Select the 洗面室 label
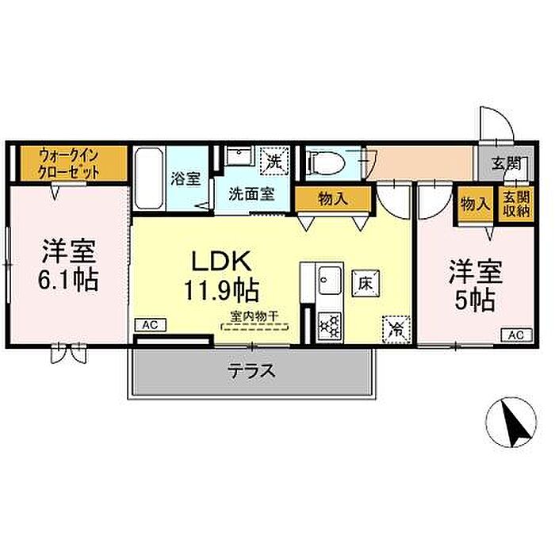tap(252, 193)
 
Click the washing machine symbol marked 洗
tap(274, 159)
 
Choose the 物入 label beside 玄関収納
tap(474, 205)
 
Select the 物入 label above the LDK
tap(332, 199)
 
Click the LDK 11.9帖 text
tap(220, 274)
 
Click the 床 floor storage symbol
tap(366, 281)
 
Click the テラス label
tap(251, 369)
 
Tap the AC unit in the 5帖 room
tap(515, 335)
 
